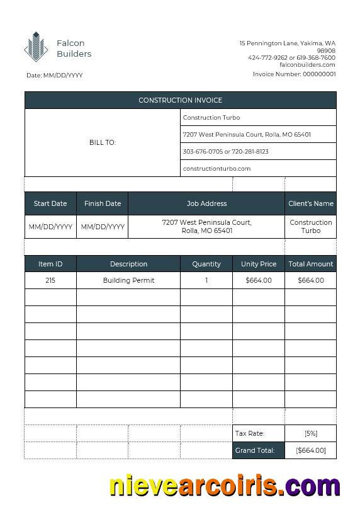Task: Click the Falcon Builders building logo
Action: [x=36, y=47]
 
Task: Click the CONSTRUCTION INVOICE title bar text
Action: [x=180, y=100]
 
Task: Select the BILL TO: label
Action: [x=103, y=142]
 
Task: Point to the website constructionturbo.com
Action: [x=217, y=168]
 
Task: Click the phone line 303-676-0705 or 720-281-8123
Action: [x=225, y=151]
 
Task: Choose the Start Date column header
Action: [x=50, y=203]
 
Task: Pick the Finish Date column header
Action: [x=103, y=203]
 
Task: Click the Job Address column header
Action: [x=206, y=203]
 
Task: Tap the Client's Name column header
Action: [x=311, y=203]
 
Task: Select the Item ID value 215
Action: [x=50, y=280]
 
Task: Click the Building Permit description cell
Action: [x=128, y=280]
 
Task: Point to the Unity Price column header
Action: [x=259, y=264]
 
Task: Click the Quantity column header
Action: [x=206, y=264]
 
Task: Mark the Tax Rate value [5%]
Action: [x=311, y=433]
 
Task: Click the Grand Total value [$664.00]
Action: [x=311, y=450]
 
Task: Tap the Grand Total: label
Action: [x=254, y=450]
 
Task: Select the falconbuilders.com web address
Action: [x=307, y=64]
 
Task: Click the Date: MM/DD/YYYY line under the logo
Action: [x=55, y=75]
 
